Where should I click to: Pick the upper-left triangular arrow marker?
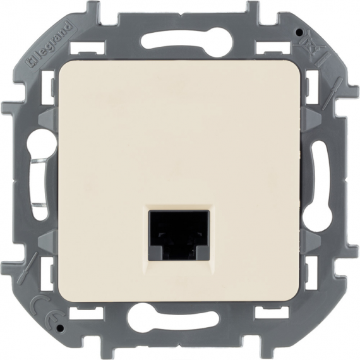coord(48,119)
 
